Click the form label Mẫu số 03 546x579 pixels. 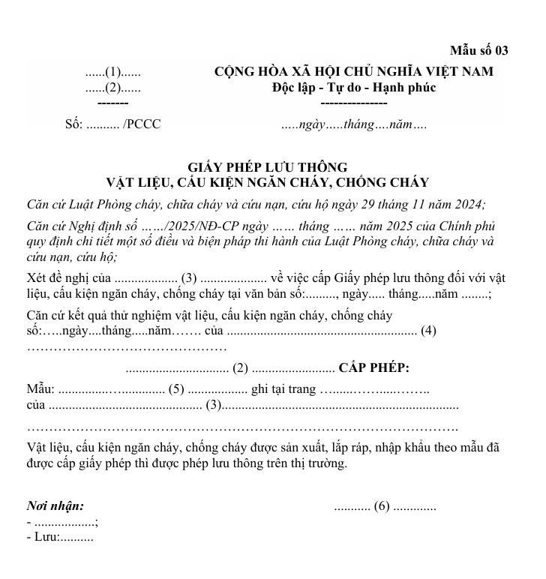(478, 51)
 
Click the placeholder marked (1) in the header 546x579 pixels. (112, 73)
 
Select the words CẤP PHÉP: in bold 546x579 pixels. (373, 367)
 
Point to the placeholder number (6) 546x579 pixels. (382, 506)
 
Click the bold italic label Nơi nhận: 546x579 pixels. (55, 506)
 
